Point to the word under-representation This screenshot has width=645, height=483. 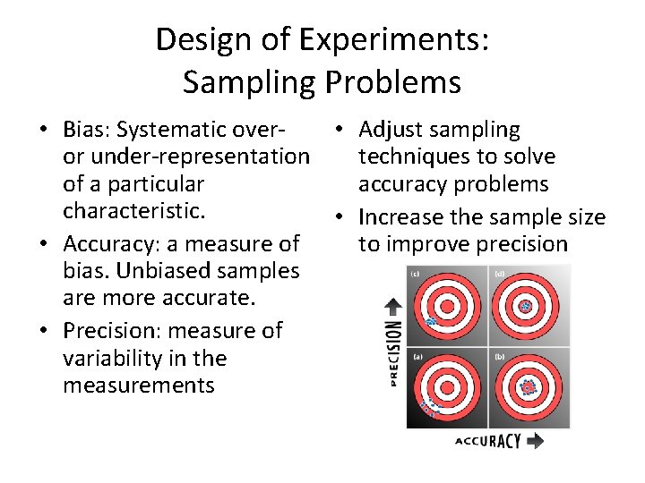click(x=198, y=157)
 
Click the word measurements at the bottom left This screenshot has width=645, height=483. click(x=139, y=386)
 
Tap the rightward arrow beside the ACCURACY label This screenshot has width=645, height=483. click(x=536, y=440)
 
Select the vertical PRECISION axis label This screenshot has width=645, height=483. click(x=392, y=354)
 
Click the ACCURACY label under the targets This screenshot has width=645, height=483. click(x=489, y=440)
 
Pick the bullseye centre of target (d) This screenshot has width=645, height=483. click(x=527, y=307)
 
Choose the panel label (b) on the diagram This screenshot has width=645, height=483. click(x=499, y=355)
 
